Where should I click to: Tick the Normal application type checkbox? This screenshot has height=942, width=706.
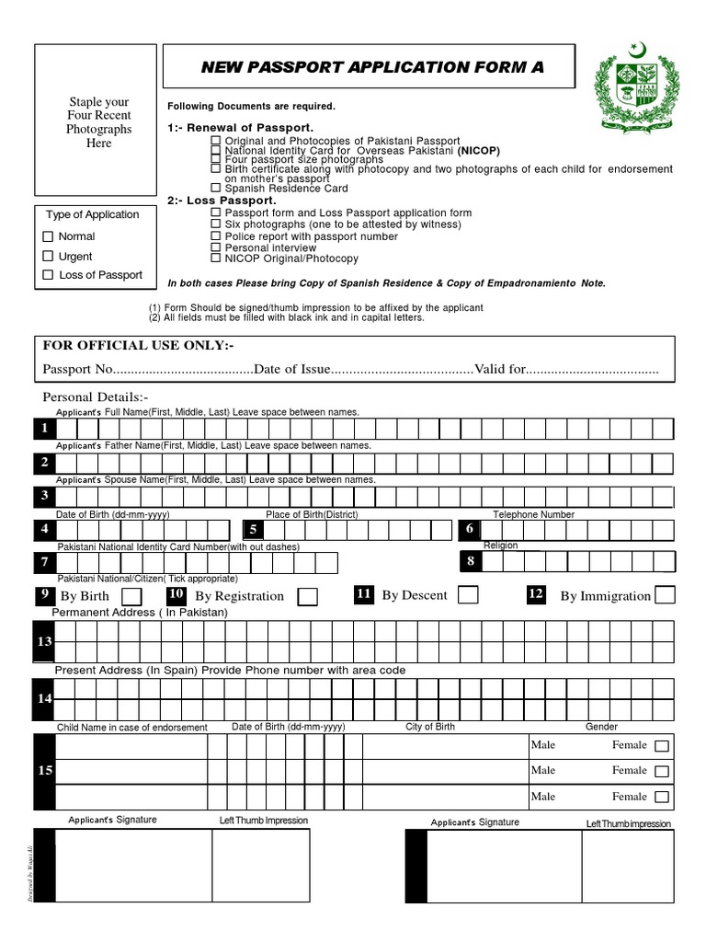click(49, 236)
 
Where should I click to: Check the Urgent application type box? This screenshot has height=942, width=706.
click(49, 257)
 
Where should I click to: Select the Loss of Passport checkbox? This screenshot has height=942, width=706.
click(49, 275)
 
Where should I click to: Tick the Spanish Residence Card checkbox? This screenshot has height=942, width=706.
click(216, 189)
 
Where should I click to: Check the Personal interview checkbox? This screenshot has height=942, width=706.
click(216, 248)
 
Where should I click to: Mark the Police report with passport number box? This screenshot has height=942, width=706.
click(216, 236)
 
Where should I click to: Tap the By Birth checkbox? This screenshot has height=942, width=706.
click(131, 597)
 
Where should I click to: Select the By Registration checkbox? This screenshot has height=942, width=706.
click(308, 597)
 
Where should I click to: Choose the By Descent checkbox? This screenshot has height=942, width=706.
click(468, 595)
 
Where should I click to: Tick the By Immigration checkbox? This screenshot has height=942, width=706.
click(665, 595)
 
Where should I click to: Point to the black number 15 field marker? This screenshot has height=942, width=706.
click(44, 770)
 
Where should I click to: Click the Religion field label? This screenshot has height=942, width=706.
click(501, 546)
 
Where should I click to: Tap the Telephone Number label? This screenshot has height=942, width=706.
click(533, 514)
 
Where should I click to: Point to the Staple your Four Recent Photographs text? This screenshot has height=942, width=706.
click(99, 122)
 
